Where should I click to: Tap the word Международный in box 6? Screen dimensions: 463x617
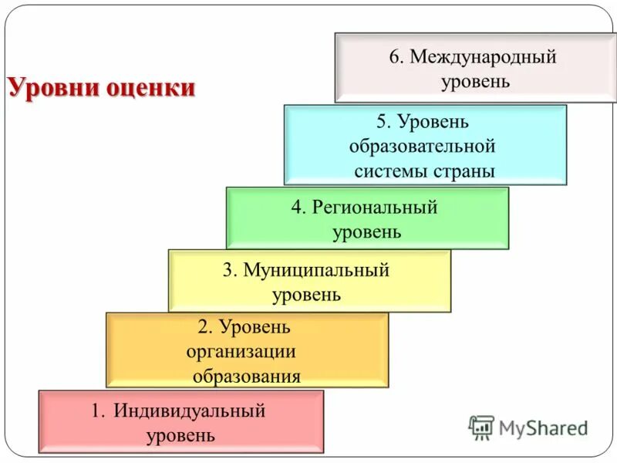(x=483, y=57)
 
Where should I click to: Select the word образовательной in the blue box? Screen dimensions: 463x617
(x=422, y=147)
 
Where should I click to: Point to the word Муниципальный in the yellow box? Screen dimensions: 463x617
(x=316, y=271)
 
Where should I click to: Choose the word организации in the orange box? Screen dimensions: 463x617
(x=241, y=351)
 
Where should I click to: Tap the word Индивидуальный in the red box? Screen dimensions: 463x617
(x=189, y=411)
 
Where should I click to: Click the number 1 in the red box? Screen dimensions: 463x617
(x=96, y=411)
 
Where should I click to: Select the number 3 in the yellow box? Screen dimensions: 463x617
(x=228, y=271)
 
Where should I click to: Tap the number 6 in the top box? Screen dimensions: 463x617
(x=394, y=58)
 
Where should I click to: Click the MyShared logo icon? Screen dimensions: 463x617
(x=480, y=427)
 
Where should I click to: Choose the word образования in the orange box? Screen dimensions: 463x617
(x=247, y=377)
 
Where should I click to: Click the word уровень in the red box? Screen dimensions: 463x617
(x=180, y=435)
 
